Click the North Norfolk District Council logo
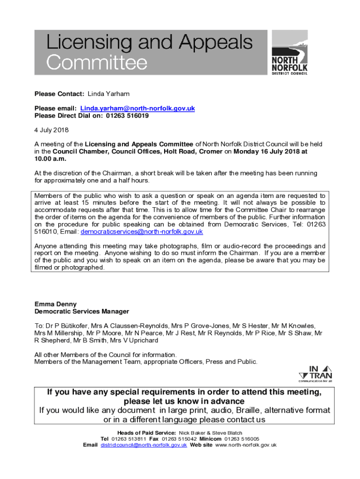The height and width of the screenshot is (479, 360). tap(289, 52)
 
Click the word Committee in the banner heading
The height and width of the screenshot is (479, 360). tap(97, 62)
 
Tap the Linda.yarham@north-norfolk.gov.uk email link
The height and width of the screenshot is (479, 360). tap(137, 109)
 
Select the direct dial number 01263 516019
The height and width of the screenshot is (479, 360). tap(127, 116)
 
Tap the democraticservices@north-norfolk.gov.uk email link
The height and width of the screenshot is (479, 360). tap(142, 232)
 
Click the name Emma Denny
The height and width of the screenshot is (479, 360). tap(55, 304)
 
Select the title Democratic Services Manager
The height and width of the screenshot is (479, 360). tap(82, 311)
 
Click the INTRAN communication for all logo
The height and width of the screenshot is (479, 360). tap(315, 374)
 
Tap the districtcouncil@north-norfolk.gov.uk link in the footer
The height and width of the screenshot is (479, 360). tap(144, 445)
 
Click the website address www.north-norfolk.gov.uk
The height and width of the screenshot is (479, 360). tap(246, 445)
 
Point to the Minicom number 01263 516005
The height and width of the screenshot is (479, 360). tap(242, 439)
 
